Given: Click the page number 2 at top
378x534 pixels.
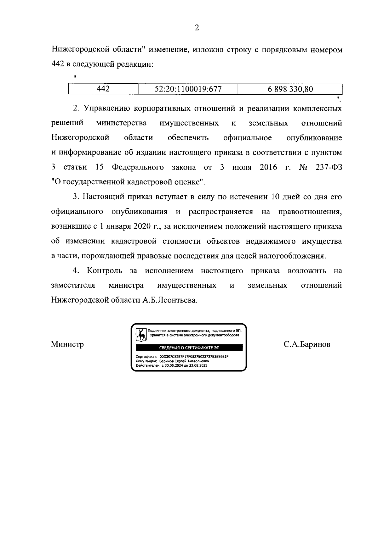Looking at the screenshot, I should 197,28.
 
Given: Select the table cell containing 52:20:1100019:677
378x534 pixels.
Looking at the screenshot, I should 188,89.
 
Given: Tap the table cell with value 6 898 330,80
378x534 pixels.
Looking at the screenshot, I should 290,89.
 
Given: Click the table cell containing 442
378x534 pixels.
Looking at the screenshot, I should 103,89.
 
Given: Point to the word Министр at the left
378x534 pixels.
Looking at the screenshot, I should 67,344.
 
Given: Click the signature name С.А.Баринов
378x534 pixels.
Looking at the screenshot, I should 307,344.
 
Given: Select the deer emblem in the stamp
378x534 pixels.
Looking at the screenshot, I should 141,335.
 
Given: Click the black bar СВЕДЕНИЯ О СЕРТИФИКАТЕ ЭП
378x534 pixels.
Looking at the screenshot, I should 189,348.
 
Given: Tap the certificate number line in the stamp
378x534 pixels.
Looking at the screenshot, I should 182,357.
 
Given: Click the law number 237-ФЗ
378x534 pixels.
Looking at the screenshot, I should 329,167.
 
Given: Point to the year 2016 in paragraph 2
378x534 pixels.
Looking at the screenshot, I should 268,167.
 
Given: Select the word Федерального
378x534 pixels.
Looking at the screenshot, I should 138,167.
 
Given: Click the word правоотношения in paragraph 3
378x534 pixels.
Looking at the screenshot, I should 310,212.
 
